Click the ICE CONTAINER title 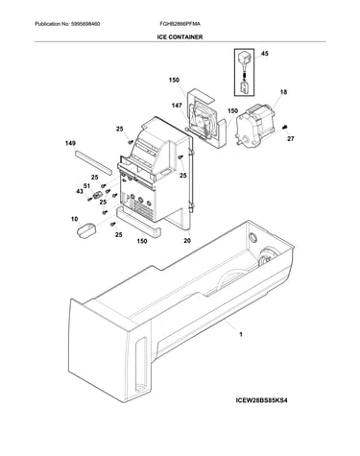[x=180, y=37]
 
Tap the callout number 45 [x=265, y=54]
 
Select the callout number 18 [x=283, y=92]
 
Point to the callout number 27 [x=290, y=139]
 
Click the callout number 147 [x=177, y=106]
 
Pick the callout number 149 [x=70, y=144]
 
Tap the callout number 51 [x=86, y=186]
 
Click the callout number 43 [x=80, y=191]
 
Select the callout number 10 [x=74, y=219]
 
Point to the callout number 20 [x=187, y=241]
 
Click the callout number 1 [x=241, y=335]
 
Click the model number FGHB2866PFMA [x=180, y=24]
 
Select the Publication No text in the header [x=67, y=24]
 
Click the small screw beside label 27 [x=284, y=128]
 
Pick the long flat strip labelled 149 [x=93, y=162]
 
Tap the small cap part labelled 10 [x=87, y=229]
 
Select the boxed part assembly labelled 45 [x=245, y=72]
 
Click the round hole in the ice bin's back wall [x=252, y=238]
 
